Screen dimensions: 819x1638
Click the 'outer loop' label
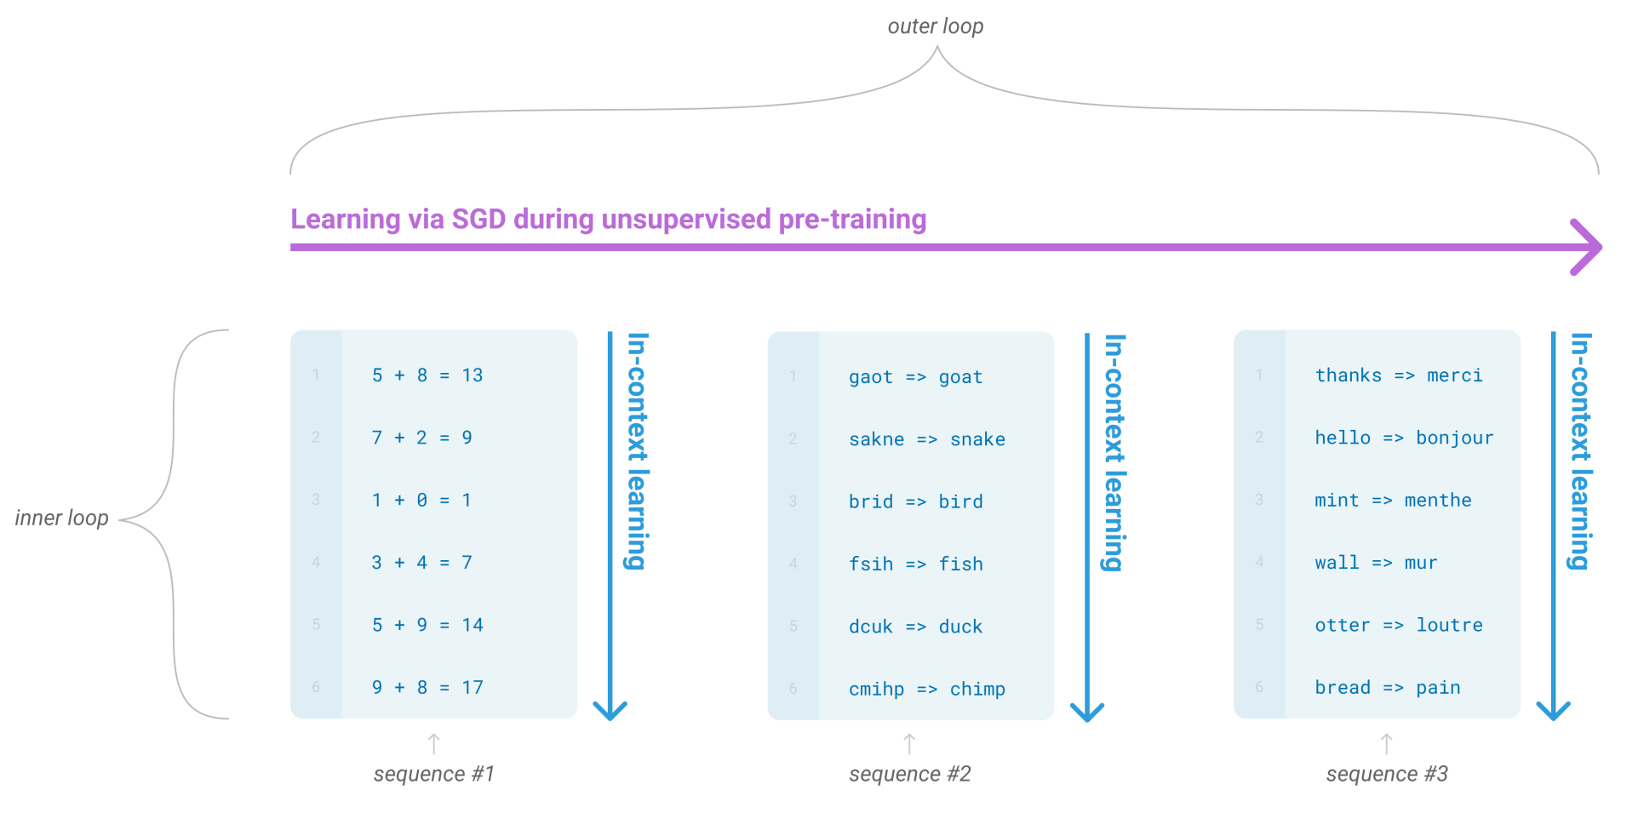935,26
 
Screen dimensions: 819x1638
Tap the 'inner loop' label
62,518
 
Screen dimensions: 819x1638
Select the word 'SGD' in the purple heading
478,219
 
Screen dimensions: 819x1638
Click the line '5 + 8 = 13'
427,375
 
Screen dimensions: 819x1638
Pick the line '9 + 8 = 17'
427,688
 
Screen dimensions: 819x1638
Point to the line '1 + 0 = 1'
421,501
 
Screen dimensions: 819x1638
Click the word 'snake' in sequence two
977,439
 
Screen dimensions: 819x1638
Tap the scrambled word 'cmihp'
876,689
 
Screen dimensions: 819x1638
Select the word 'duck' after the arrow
960,627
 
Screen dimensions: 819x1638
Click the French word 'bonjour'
1454,438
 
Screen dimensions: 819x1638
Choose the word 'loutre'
1449,625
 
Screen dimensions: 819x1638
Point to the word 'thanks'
1348,375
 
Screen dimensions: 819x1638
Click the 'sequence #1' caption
433,774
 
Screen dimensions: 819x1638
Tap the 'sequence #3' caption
1387,774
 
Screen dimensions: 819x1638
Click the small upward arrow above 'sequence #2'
909,743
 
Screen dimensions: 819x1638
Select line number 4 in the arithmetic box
316,562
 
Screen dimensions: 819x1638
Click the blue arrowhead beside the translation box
1553,709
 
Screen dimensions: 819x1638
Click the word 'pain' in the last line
1438,688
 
